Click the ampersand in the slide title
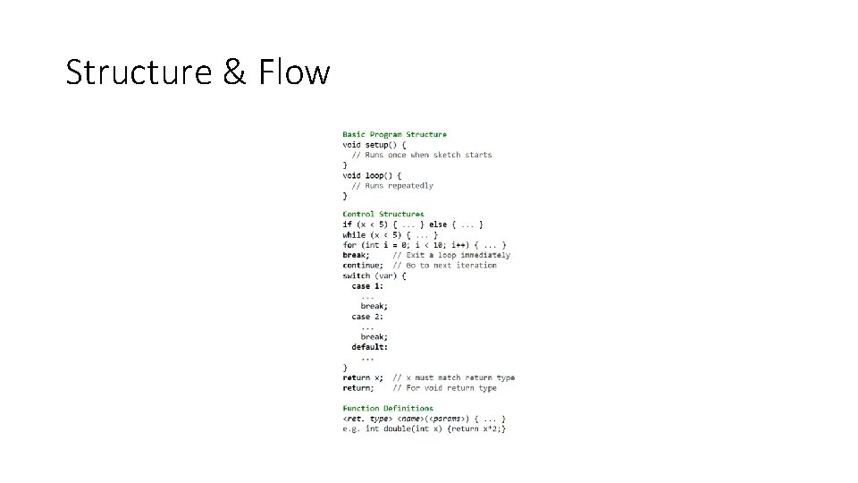233,72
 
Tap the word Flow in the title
294,72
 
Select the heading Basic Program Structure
394,134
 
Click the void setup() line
374,144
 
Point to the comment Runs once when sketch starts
422,155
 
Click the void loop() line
372,175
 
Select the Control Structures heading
383,214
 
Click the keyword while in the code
354,234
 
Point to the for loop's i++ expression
461,245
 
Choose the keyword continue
363,266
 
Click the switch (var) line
374,275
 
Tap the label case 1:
367,286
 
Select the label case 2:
367,317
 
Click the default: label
370,347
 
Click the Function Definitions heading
388,408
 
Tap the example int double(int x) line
425,429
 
